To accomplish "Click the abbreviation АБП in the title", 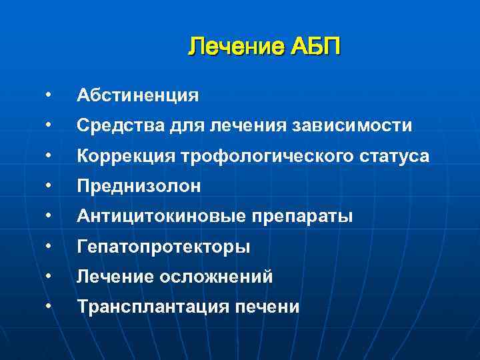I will click(315, 48).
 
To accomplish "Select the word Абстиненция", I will click(137, 95).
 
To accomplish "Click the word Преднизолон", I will click(139, 187).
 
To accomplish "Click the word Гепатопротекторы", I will click(163, 247).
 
